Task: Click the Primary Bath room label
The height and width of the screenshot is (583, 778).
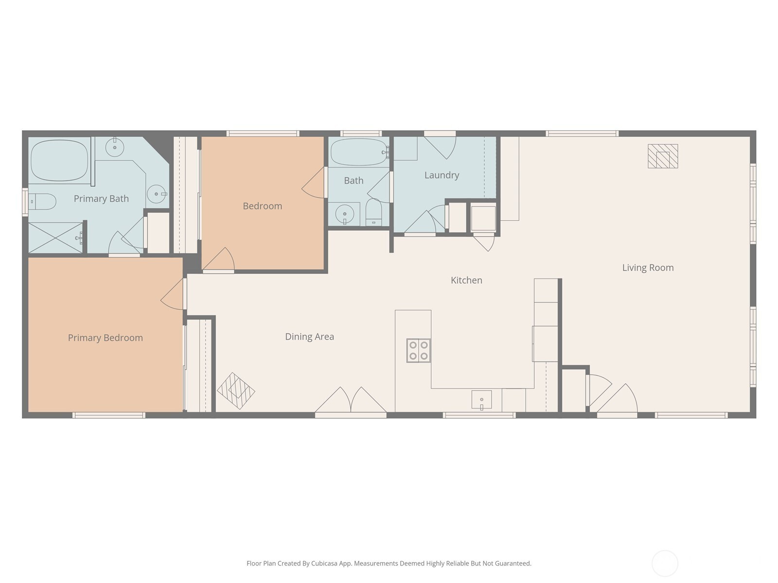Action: (101, 199)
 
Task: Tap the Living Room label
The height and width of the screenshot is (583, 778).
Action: (648, 268)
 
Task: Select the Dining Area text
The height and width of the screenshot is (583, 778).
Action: (309, 337)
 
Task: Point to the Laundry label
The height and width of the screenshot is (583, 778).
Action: (442, 175)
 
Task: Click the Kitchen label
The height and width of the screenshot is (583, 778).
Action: (466, 280)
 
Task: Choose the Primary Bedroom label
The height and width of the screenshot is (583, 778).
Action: (105, 338)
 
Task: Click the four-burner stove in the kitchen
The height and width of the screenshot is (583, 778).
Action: (419, 350)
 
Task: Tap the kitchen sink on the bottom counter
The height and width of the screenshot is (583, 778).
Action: (481, 400)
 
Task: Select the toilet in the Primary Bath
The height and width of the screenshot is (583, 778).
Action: (42, 202)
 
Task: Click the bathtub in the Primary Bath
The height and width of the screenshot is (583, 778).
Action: (59, 160)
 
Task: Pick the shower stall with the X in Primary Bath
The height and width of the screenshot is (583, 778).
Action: (55, 238)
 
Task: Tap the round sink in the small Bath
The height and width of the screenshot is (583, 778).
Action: (344, 214)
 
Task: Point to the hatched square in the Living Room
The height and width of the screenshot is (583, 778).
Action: (663, 156)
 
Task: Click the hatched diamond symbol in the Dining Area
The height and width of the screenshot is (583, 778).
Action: (236, 391)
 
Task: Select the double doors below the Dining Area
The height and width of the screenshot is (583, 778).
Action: (351, 400)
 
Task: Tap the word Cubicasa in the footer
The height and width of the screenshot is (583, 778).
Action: (324, 563)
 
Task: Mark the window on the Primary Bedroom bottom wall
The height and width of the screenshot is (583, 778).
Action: (109, 415)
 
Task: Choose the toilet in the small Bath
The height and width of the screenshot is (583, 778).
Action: (373, 212)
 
